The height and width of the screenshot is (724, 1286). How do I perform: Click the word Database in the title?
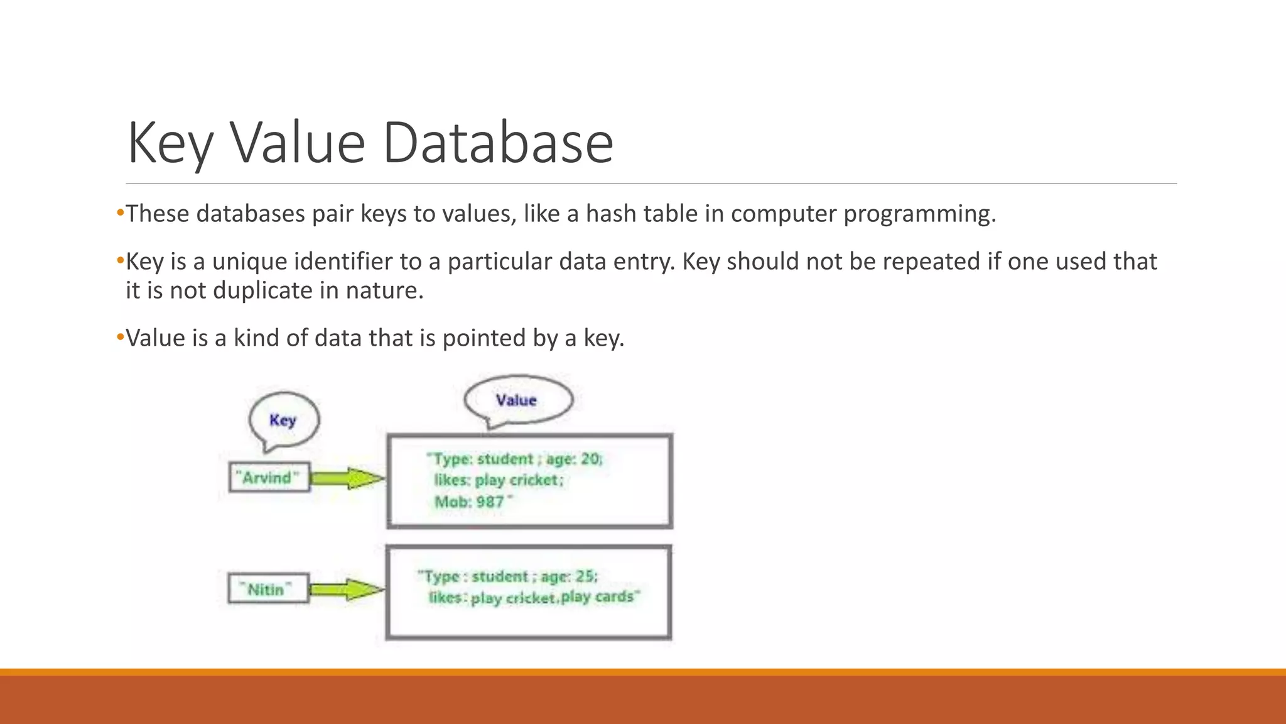497,143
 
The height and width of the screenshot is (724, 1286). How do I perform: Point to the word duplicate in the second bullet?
262,290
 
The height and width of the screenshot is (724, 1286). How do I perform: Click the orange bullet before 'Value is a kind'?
120,337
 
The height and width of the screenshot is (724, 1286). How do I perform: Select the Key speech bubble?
283,419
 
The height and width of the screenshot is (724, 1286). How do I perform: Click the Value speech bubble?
517,400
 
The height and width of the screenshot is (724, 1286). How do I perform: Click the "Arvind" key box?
269,478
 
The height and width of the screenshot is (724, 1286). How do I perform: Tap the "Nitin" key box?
269,590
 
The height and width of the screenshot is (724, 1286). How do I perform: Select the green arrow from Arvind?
347,479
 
